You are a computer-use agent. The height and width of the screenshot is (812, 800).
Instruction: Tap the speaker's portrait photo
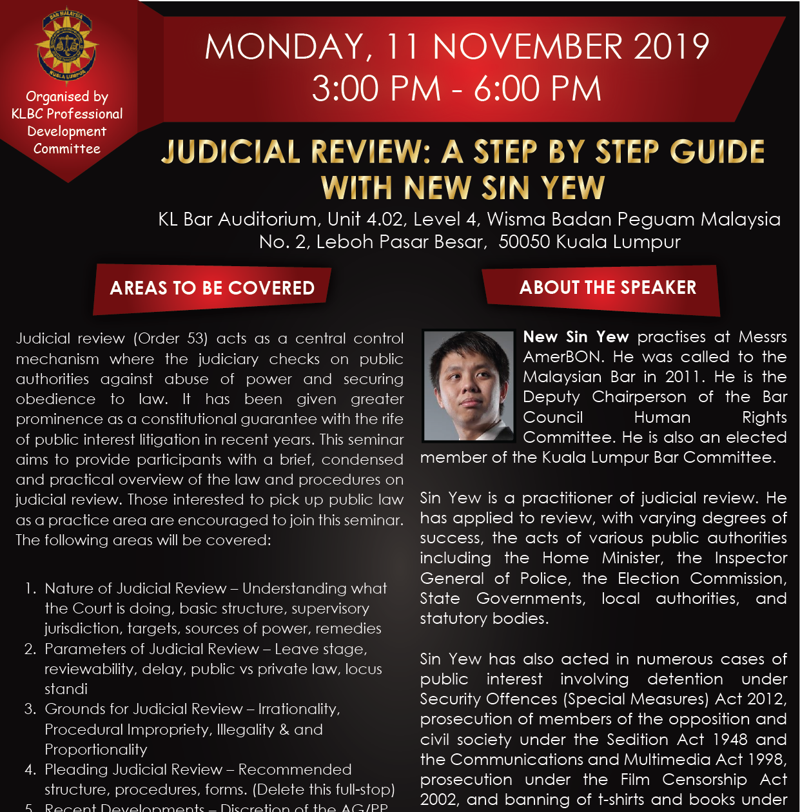click(x=469, y=385)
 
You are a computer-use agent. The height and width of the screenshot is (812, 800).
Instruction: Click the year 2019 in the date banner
click(x=671, y=47)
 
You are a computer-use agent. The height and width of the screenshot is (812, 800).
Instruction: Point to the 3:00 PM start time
click(x=376, y=89)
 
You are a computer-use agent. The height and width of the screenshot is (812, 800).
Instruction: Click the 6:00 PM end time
click(x=538, y=89)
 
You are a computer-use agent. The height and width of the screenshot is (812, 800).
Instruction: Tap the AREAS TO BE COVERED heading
click(x=212, y=288)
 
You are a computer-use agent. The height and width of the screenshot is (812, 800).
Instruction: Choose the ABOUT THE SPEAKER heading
click(x=607, y=287)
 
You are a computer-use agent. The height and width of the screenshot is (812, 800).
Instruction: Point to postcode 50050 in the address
click(x=524, y=242)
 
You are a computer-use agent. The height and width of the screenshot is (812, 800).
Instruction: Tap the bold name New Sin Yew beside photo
click(x=576, y=337)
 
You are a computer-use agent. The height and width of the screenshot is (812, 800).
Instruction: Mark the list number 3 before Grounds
click(x=30, y=709)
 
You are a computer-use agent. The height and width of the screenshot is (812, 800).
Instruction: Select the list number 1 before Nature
click(x=30, y=588)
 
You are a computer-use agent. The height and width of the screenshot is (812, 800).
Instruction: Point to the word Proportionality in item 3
click(x=96, y=749)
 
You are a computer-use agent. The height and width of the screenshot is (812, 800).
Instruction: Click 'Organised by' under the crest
click(x=67, y=97)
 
